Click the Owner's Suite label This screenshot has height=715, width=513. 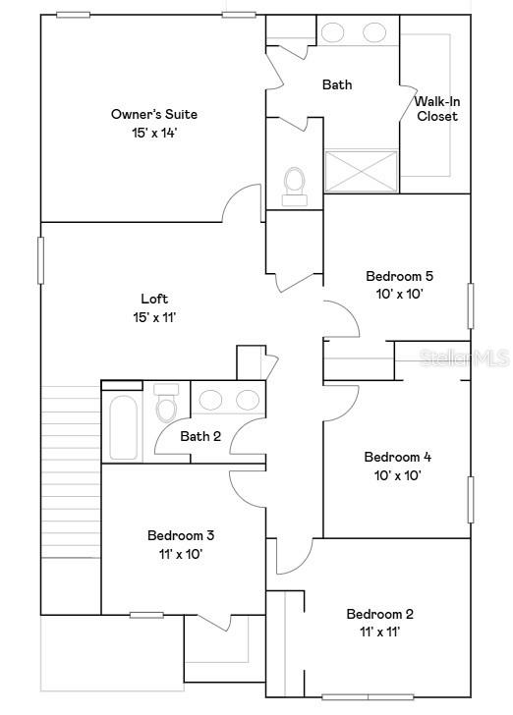(x=143, y=114)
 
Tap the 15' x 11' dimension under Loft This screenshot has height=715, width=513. (x=154, y=317)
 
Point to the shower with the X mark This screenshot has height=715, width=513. (x=362, y=171)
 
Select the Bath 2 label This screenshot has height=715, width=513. (x=200, y=436)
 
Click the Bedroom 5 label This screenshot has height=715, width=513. (x=399, y=276)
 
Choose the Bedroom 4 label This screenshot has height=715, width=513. (x=397, y=457)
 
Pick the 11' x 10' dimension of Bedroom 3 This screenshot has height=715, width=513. (x=181, y=554)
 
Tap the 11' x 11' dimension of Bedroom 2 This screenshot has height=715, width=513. (x=379, y=632)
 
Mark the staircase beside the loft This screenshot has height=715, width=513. (x=71, y=471)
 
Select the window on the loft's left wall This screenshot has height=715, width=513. (x=41, y=260)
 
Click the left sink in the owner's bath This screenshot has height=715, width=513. (x=333, y=32)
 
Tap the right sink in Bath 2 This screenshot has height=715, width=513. (x=242, y=400)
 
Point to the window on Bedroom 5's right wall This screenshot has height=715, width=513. (x=471, y=305)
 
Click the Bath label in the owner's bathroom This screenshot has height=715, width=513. (x=337, y=84)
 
